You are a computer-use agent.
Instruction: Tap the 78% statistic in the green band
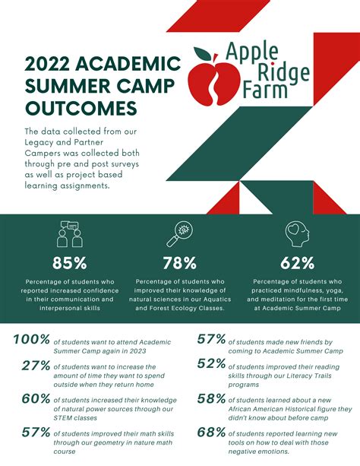pos(179,263)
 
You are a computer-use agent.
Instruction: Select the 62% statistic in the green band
pos(297,263)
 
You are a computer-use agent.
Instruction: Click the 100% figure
pos(32,340)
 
